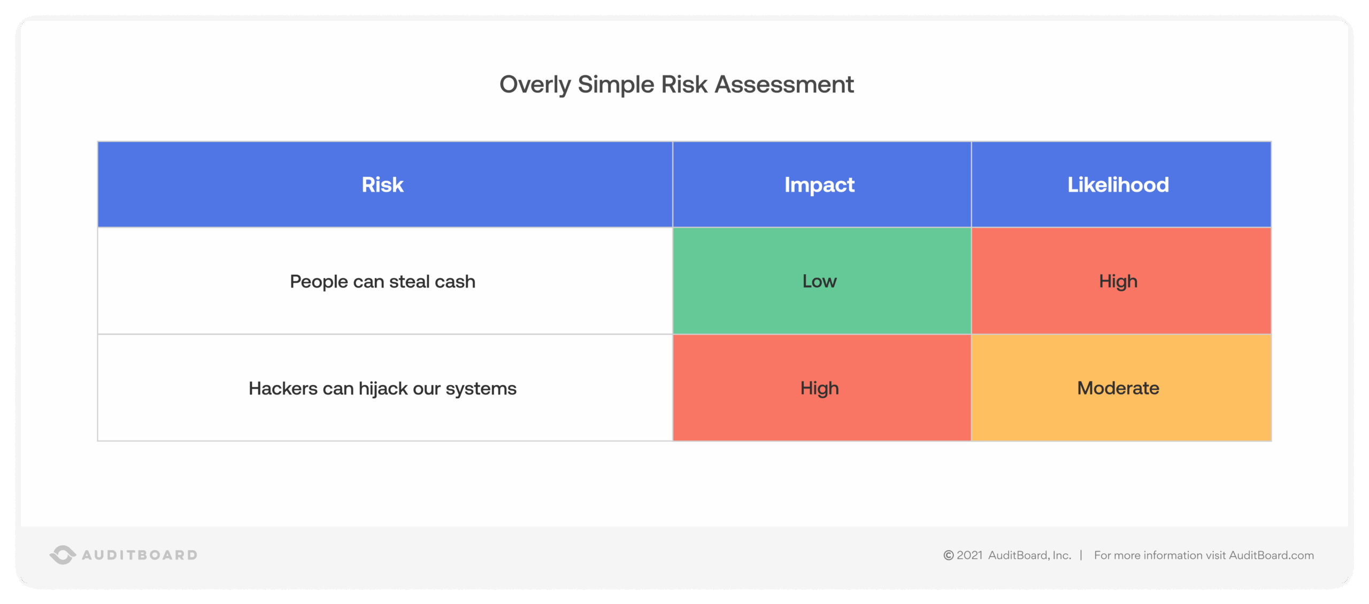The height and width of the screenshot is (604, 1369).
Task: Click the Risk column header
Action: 382,184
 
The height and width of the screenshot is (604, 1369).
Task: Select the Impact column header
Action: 819,184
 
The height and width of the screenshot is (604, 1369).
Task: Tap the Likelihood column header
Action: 1118,184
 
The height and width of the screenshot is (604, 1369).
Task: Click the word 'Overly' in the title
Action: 535,84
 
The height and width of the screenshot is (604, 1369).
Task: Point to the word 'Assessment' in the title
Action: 784,84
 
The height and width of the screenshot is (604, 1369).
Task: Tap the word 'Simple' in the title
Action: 616,84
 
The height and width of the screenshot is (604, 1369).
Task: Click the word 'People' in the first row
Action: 319,282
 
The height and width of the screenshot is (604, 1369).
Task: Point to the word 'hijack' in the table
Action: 383,389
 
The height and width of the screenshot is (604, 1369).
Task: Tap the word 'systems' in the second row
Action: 481,389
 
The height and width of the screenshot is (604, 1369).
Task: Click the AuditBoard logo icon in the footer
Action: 63,555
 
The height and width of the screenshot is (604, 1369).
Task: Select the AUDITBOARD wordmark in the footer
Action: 140,555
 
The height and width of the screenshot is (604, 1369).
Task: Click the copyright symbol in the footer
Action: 949,555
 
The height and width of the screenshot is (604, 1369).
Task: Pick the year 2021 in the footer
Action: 970,555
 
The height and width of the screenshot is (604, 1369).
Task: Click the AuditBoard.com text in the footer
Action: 1271,555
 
